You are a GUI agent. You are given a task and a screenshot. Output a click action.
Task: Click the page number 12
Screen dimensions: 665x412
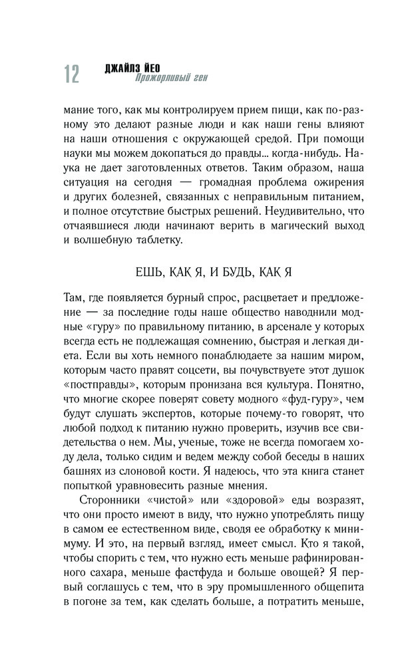(x=71, y=74)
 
